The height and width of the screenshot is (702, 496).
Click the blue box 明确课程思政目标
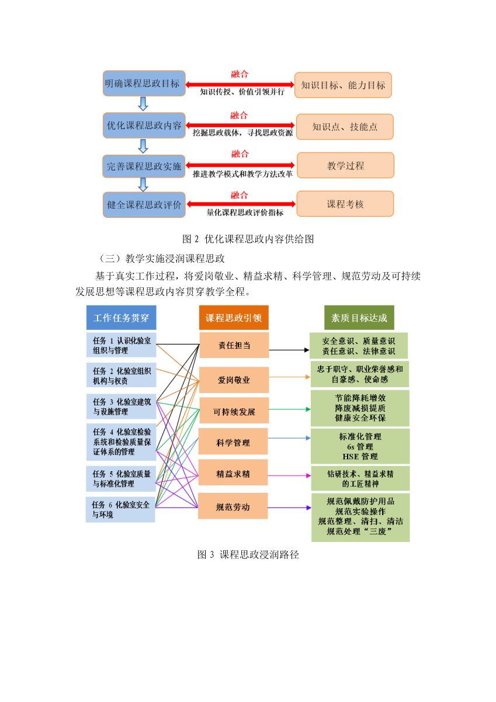(x=144, y=84)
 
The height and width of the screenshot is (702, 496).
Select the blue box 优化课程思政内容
(x=144, y=126)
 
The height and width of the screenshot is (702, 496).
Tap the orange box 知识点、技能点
(x=345, y=127)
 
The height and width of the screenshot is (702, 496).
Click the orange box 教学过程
(x=345, y=165)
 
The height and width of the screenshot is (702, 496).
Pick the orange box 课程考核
(x=345, y=204)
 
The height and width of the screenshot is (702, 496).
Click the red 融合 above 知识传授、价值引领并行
(x=240, y=74)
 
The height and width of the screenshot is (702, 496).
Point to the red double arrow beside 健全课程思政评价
(x=241, y=204)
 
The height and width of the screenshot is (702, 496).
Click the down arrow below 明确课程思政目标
(x=143, y=104)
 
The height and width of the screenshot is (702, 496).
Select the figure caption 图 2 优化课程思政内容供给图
(x=248, y=239)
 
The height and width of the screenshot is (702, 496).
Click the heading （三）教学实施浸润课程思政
(x=162, y=259)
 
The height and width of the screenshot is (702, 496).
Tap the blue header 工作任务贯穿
(x=121, y=318)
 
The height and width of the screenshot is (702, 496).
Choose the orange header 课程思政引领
(x=234, y=318)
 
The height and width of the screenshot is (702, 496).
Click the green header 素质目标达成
(x=359, y=318)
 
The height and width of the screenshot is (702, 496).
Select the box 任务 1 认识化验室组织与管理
(x=121, y=345)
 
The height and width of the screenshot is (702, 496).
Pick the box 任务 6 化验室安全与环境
(x=120, y=509)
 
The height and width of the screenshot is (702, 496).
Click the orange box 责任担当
(x=234, y=345)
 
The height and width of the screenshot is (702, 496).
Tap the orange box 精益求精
(x=233, y=474)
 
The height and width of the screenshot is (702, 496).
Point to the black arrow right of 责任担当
(x=289, y=350)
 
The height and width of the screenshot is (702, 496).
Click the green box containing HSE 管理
(x=360, y=446)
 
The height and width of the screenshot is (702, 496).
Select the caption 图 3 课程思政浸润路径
(x=248, y=554)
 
